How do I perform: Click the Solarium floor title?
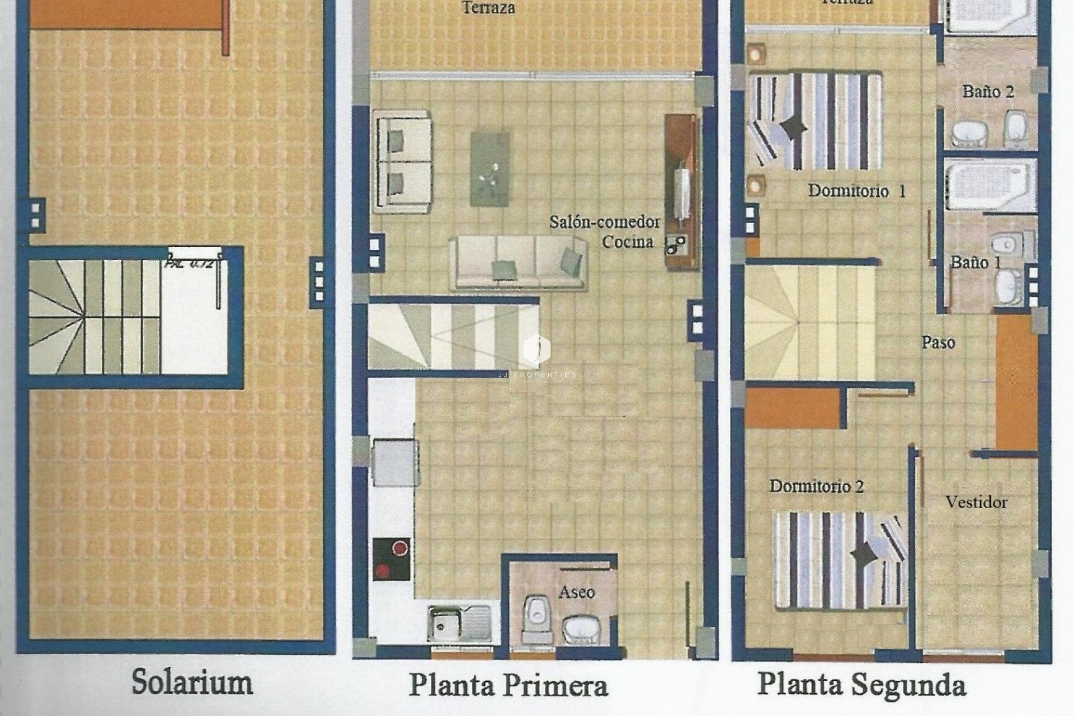click(x=192, y=682)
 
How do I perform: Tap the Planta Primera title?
click(x=508, y=685)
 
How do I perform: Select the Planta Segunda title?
click(x=861, y=685)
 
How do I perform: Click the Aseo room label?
click(x=577, y=592)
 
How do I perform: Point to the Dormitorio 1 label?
click(x=856, y=191)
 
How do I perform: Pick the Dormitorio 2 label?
click(x=816, y=486)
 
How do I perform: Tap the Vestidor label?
click(x=976, y=502)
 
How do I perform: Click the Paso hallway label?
click(x=938, y=342)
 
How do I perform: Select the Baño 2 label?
click(x=988, y=92)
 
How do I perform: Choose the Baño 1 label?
click(x=976, y=262)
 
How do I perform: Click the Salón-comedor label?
click(x=604, y=222)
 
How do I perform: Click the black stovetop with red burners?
click(x=391, y=559)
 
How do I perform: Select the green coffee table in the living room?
click(x=490, y=168)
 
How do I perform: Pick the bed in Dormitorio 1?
click(x=814, y=120)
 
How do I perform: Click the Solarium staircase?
click(x=95, y=317)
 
